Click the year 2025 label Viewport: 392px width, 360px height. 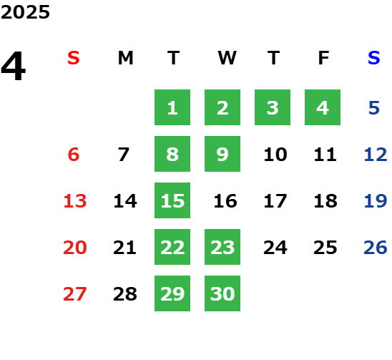pyautogui.click(x=25, y=12)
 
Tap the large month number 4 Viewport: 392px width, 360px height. pyautogui.click(x=14, y=66)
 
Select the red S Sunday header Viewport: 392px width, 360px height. pyautogui.click(x=74, y=58)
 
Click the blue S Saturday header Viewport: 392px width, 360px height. pyautogui.click(x=374, y=58)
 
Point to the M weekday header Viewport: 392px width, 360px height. pyautogui.click(x=125, y=58)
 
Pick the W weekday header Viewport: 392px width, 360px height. pyautogui.click(x=227, y=58)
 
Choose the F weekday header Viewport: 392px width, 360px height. pyautogui.click(x=324, y=58)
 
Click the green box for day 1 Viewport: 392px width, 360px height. pyautogui.click(x=172, y=107)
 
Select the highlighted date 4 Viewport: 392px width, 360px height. pyautogui.click(x=323, y=107)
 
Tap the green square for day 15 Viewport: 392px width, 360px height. pyautogui.click(x=172, y=200)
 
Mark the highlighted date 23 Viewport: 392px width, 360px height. pyautogui.click(x=222, y=247)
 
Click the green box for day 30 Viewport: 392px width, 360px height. pyautogui.click(x=222, y=293)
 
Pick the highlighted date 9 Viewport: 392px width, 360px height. pyautogui.click(x=222, y=154)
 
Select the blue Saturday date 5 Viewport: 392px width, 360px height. pyautogui.click(x=374, y=108)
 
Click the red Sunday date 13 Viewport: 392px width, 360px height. pyautogui.click(x=75, y=201)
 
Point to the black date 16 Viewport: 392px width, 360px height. pyautogui.click(x=225, y=201)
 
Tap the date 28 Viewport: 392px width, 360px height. pyautogui.click(x=125, y=294)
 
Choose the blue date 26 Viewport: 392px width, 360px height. pyautogui.click(x=376, y=248)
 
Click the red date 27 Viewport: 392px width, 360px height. pyautogui.click(x=75, y=294)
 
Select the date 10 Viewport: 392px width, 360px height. pyautogui.click(x=275, y=155)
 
